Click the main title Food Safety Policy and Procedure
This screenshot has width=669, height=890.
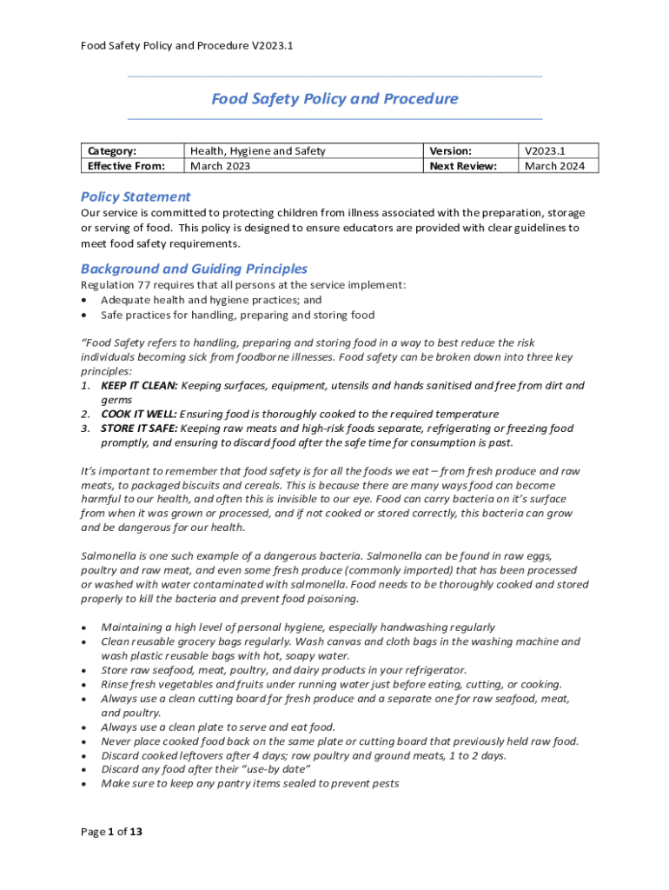pyautogui.click(x=334, y=99)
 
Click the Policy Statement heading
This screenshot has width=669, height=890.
pyautogui.click(x=136, y=196)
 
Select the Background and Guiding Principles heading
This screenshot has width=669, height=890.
pyautogui.click(x=194, y=269)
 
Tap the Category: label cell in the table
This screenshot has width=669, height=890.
pyautogui.click(x=112, y=151)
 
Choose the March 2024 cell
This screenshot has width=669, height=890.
pyautogui.click(x=554, y=166)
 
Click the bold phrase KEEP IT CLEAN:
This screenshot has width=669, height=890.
pyautogui.click(x=139, y=385)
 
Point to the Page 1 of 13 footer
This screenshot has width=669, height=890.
pyautogui.click(x=111, y=832)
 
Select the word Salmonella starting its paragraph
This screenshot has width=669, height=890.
pyautogui.click(x=109, y=555)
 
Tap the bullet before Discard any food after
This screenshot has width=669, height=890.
pyautogui.click(x=83, y=770)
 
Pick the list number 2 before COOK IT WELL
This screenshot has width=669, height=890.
pyautogui.click(x=85, y=414)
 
